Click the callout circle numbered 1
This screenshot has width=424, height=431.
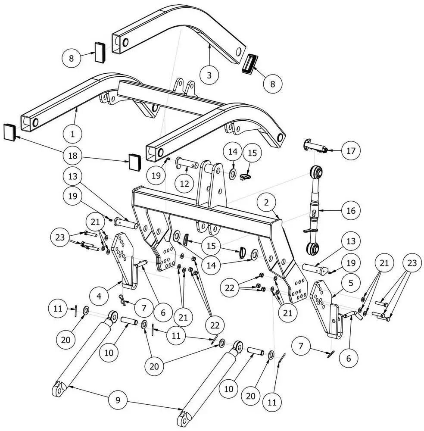(x=72, y=134)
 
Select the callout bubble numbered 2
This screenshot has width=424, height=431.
(x=267, y=202)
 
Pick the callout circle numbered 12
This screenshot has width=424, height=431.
(x=184, y=183)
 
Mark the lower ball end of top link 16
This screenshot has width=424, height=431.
(x=313, y=249)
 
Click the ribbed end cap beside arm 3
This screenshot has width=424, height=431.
(x=249, y=64)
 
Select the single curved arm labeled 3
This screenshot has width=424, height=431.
(x=181, y=30)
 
